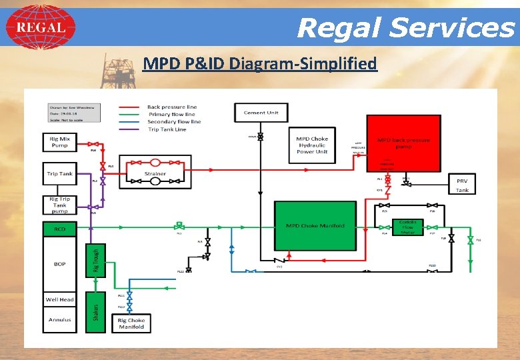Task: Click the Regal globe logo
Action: (41, 27)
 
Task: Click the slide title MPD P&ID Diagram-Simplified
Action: (260, 64)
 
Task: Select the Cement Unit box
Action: (261, 113)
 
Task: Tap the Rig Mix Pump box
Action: (59, 142)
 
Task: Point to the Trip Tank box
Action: (59, 174)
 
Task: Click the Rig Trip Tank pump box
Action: (59, 204)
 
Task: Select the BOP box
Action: (59, 263)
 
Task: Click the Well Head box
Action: (59, 300)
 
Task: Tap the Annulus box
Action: (59, 320)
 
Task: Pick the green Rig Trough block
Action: (96, 259)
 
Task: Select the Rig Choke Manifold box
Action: (131, 323)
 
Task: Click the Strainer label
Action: (155, 174)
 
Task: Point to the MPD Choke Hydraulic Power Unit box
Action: (311, 145)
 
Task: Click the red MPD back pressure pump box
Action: (403, 143)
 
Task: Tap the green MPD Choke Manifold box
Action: (315, 226)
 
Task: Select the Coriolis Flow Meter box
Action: (407, 227)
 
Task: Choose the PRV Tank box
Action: (462, 185)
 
